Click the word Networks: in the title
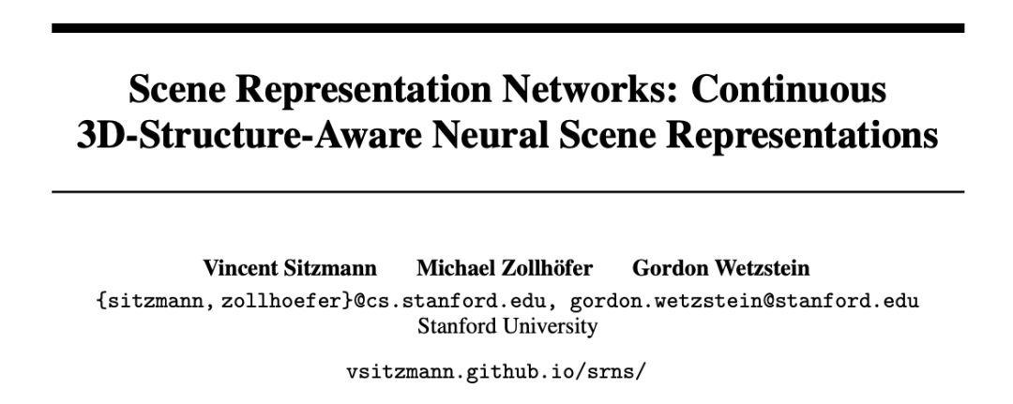[x=582, y=90]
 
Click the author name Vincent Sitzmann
[x=290, y=269]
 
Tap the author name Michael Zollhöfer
[x=505, y=269]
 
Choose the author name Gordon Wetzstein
[x=721, y=269]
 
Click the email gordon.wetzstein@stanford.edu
[x=745, y=301]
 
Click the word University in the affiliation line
[x=552, y=327]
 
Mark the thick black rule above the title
[x=506, y=29]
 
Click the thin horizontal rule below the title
[x=506, y=191]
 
